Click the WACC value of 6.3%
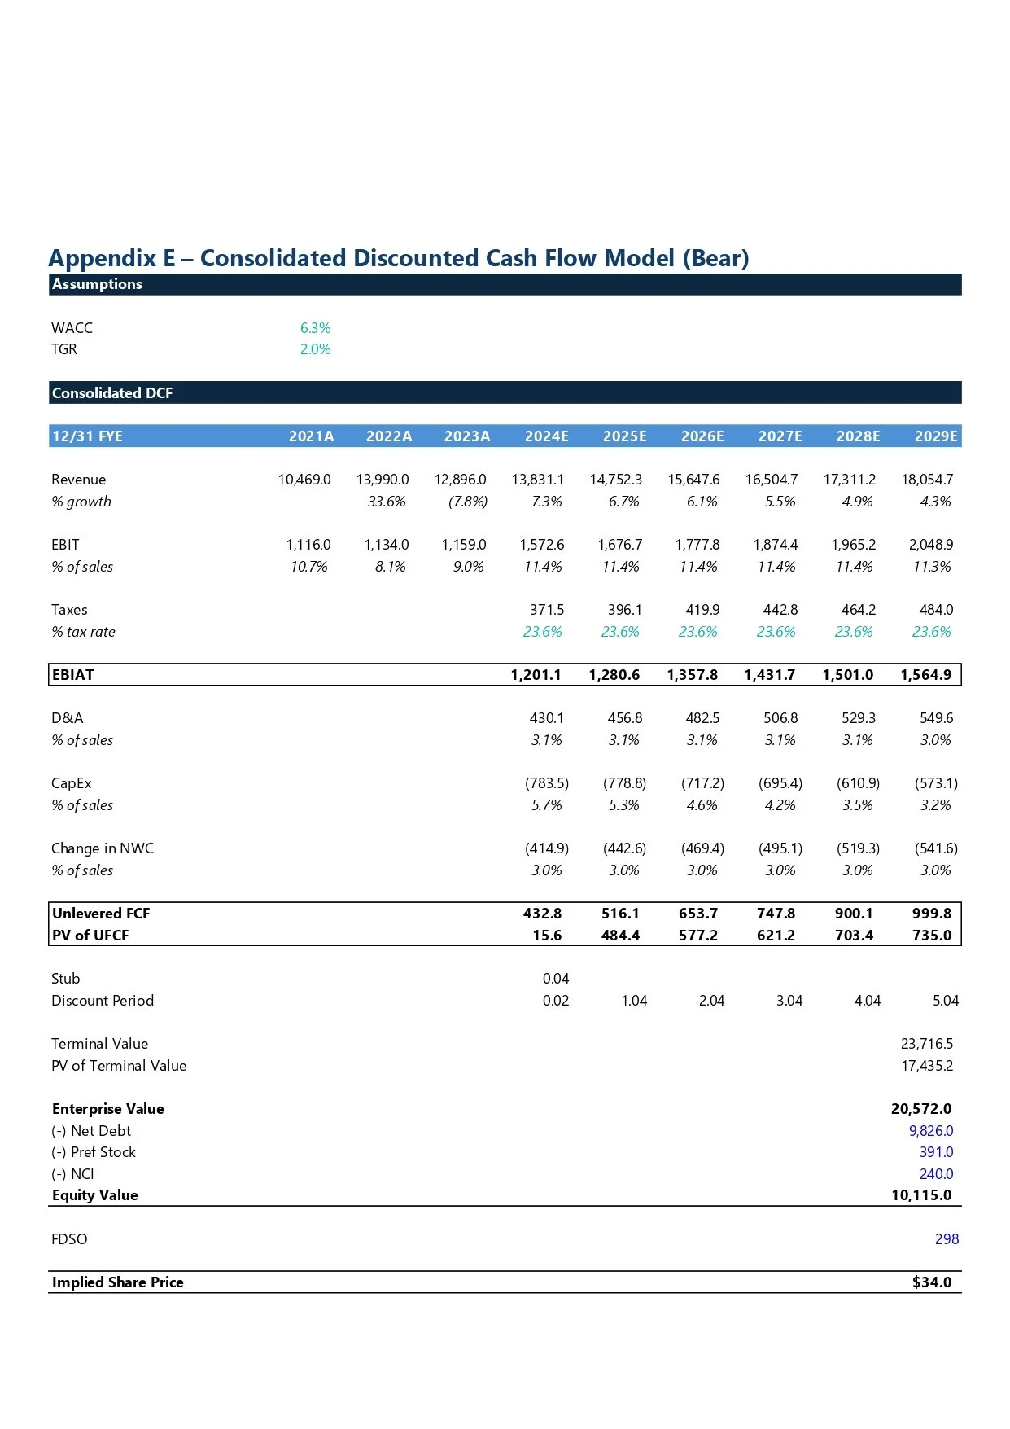pyautogui.click(x=315, y=328)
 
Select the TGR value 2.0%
pyautogui.click(x=315, y=349)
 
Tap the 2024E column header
pyautogui.click(x=546, y=436)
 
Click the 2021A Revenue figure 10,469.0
pyautogui.click(x=304, y=480)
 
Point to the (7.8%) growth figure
pyautogui.click(x=468, y=502)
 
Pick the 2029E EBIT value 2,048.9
pyautogui.click(x=930, y=545)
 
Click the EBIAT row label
pyautogui.click(x=73, y=675)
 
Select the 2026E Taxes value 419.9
pyautogui.click(x=702, y=610)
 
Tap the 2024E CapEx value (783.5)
pyautogui.click(x=547, y=783)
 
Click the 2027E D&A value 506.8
pyautogui.click(x=780, y=718)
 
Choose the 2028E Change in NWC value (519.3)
pyautogui.click(x=858, y=848)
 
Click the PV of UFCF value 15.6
pyautogui.click(x=547, y=936)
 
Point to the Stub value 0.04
pyautogui.click(x=556, y=979)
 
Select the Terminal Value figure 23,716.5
pyautogui.click(x=927, y=1044)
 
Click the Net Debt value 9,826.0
pyautogui.click(x=931, y=1131)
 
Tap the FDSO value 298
pyautogui.click(x=947, y=1239)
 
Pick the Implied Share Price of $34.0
pyautogui.click(x=931, y=1282)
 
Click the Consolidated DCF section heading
pyautogui.click(x=112, y=393)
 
